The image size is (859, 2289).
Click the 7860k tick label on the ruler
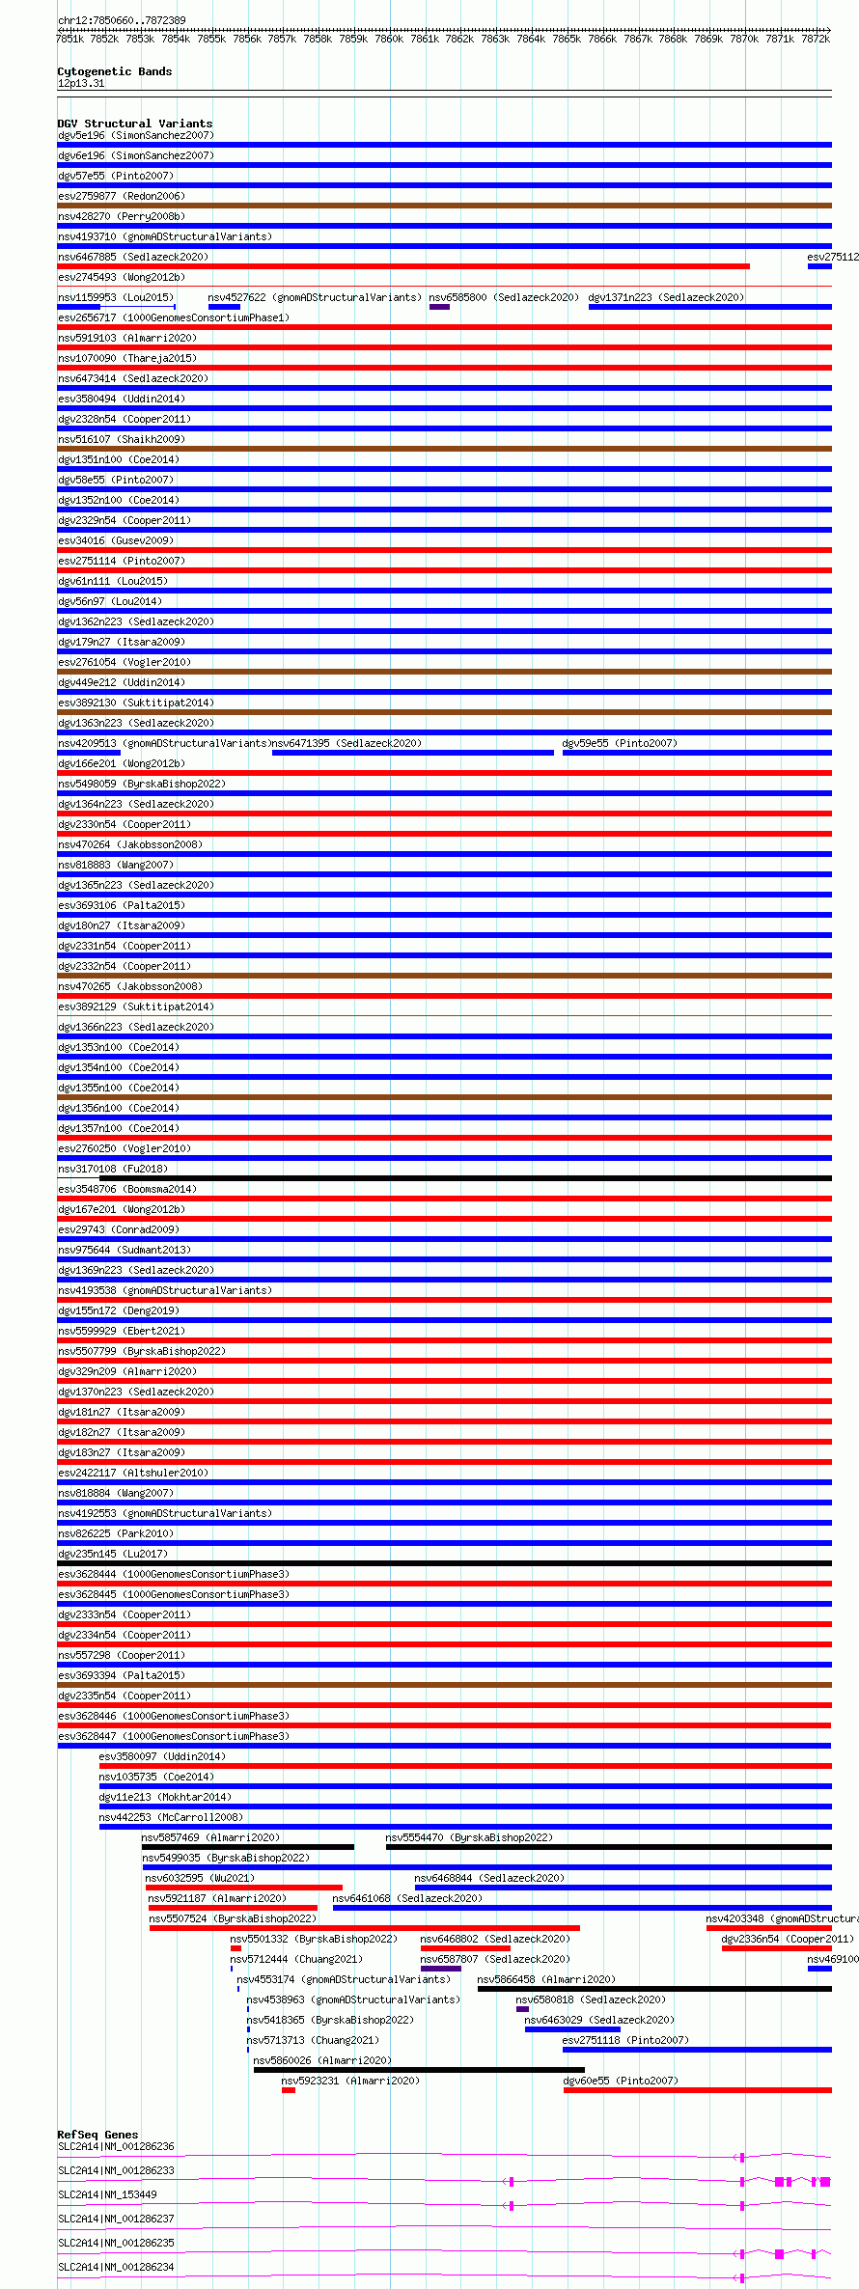pos(389,40)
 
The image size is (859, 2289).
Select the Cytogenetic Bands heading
pos(114,71)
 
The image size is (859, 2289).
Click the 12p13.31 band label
pos(81,83)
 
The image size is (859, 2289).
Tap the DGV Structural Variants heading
pos(134,124)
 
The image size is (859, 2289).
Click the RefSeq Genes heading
pos(97,2135)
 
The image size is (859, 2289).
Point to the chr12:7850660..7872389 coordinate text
pos(122,20)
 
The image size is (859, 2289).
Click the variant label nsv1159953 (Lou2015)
pos(115,297)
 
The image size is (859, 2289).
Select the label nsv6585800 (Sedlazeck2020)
pos(504,297)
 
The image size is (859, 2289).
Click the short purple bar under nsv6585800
pos(439,307)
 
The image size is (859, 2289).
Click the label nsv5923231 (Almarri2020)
pos(350,2081)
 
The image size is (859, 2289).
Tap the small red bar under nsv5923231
pos(288,2090)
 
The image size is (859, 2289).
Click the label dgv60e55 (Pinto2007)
pos(620,2081)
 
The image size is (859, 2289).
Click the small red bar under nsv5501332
pos(236,1948)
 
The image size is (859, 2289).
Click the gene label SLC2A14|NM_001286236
pos(116,2146)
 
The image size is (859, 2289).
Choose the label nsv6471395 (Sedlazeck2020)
pos(346,743)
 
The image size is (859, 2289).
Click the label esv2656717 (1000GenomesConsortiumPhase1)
pos(173,317)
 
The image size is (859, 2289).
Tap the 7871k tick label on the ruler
pos(780,40)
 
